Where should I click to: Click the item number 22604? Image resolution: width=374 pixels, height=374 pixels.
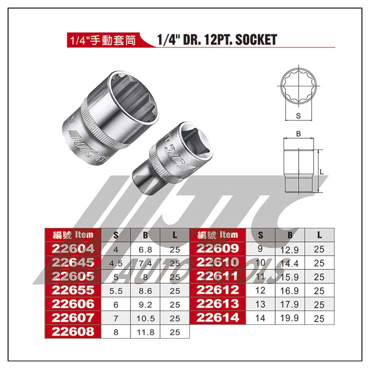(73, 249)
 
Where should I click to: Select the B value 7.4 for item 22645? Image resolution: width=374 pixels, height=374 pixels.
(145, 263)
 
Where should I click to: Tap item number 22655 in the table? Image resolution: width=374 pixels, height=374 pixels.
(73, 290)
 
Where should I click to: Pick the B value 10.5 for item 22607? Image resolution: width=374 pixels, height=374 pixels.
(146, 319)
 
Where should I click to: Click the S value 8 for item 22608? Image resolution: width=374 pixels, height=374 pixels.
(116, 332)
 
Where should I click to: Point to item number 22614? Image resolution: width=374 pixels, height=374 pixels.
(218, 318)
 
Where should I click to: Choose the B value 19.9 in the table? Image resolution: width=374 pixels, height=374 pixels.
(290, 318)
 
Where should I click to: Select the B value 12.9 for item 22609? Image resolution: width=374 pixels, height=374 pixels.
(290, 250)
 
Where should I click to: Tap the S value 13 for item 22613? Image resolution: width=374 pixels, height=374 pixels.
(260, 304)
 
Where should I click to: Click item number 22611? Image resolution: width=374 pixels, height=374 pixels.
(218, 276)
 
